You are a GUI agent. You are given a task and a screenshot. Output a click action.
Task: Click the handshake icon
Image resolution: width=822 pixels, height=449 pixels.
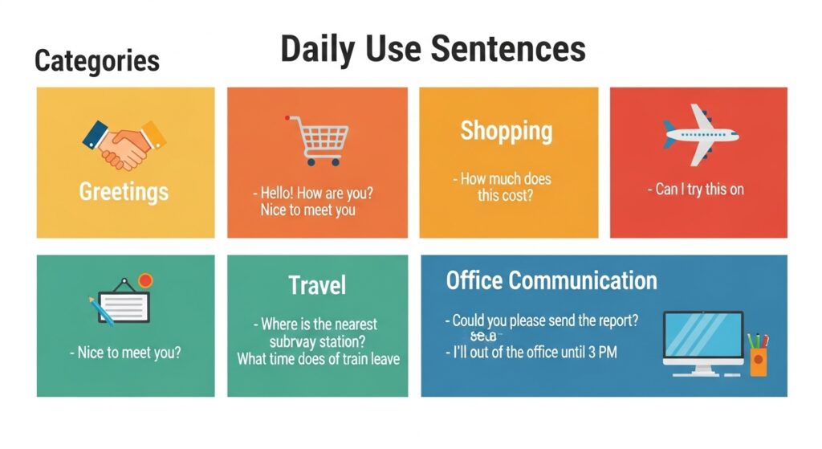(124, 143)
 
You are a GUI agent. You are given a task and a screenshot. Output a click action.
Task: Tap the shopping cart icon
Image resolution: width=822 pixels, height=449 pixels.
(318, 140)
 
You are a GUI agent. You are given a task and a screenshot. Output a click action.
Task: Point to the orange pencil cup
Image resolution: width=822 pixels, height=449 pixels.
(759, 361)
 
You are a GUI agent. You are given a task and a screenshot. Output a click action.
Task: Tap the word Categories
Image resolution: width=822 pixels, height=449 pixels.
(97, 61)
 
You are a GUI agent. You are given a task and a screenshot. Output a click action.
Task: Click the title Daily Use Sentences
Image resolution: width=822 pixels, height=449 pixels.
(433, 50)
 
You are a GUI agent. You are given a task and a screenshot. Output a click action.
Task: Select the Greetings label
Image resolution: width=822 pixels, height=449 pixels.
(124, 191)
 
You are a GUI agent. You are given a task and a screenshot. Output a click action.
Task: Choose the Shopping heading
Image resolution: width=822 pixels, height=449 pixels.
(506, 130)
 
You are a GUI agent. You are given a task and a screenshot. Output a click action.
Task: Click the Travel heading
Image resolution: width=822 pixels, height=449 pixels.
(317, 284)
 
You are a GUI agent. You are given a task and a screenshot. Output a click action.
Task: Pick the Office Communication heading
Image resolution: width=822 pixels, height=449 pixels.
(551, 280)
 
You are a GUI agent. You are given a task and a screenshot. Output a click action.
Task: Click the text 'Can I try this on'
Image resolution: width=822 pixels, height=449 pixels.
(696, 190)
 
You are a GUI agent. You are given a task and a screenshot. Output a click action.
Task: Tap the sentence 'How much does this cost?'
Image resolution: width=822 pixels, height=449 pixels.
(506, 187)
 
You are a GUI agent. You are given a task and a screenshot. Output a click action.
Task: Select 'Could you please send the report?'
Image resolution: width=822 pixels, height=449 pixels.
(542, 320)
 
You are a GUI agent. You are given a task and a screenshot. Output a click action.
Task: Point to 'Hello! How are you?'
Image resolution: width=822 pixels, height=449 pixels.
(317, 193)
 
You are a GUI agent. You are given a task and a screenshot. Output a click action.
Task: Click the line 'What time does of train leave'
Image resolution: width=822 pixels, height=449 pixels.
(318, 359)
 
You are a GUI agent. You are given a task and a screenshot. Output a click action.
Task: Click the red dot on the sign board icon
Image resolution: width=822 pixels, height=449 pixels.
(145, 280)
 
